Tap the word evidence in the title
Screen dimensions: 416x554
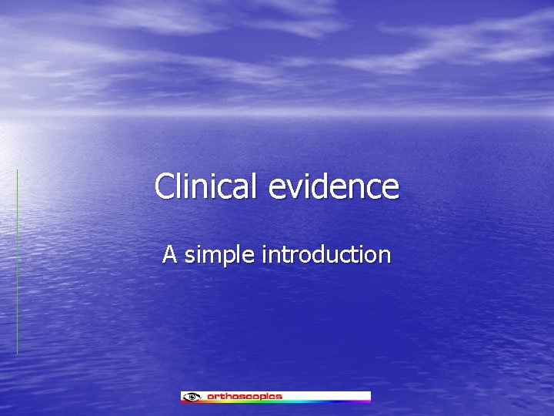[335, 186]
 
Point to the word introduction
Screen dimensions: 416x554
[327, 254]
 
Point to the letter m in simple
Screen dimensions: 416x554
[215, 256]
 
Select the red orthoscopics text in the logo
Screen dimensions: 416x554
[245, 397]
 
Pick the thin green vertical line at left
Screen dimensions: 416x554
[17, 262]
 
